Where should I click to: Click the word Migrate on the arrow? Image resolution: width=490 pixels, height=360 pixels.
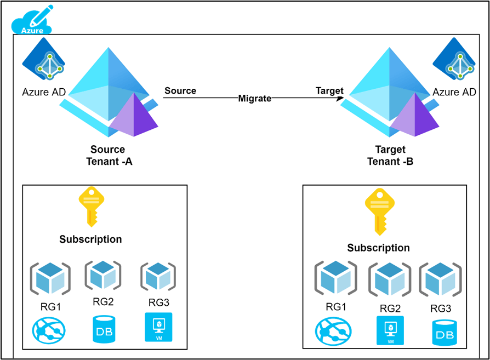(255, 99)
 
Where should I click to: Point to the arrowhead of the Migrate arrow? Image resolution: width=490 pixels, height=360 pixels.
(340, 99)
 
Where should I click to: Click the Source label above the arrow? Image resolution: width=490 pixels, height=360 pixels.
(180, 90)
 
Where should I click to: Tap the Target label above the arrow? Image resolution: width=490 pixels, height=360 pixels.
(329, 90)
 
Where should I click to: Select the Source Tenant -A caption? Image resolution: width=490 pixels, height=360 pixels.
(108, 156)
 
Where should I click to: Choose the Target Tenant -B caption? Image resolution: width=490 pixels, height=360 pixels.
(390, 156)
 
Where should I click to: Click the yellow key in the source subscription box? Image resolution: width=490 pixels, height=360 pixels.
(91, 207)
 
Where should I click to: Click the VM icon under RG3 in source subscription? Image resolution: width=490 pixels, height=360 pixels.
(158, 328)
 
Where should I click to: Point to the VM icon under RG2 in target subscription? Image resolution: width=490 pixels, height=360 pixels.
(390, 330)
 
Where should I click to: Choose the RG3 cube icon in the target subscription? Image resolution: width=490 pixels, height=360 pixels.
(440, 279)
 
